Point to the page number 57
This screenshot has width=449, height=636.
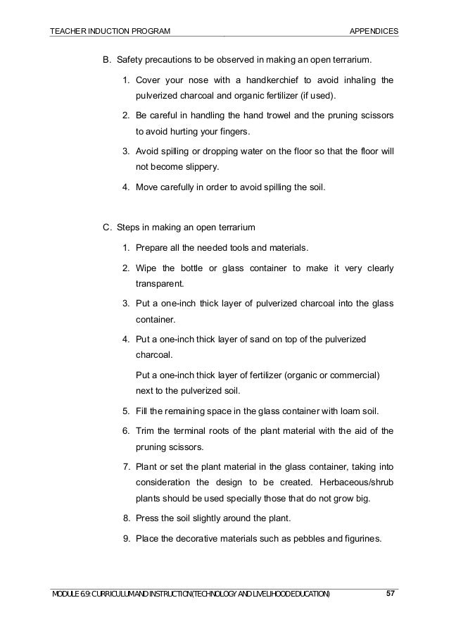click(x=391, y=594)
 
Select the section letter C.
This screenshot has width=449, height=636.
click(x=107, y=227)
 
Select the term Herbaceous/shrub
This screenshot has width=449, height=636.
click(x=355, y=483)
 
